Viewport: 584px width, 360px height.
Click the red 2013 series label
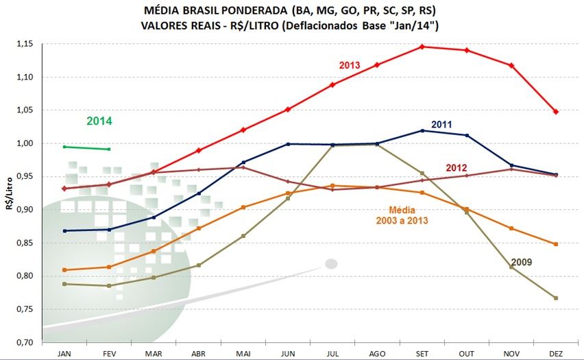click(x=350, y=65)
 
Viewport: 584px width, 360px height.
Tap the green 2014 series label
click(x=99, y=121)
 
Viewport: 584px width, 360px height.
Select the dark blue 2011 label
click(x=441, y=124)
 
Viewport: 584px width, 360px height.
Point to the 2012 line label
click(x=457, y=167)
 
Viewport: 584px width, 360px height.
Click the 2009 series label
click(x=521, y=262)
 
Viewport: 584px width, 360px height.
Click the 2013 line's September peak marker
click(x=422, y=47)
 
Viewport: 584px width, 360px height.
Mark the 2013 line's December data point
click(x=556, y=112)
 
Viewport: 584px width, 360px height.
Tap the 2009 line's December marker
click(x=556, y=298)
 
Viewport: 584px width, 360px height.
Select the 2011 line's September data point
click(x=422, y=130)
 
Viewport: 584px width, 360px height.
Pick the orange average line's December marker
click(x=556, y=244)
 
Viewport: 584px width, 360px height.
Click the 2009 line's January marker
click(x=64, y=283)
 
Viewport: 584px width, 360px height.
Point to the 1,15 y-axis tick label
click(x=24, y=44)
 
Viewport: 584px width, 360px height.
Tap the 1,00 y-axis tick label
click(x=24, y=143)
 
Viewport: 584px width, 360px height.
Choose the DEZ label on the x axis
click(x=556, y=352)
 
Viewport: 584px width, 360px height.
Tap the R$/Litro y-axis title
click(x=9, y=193)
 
